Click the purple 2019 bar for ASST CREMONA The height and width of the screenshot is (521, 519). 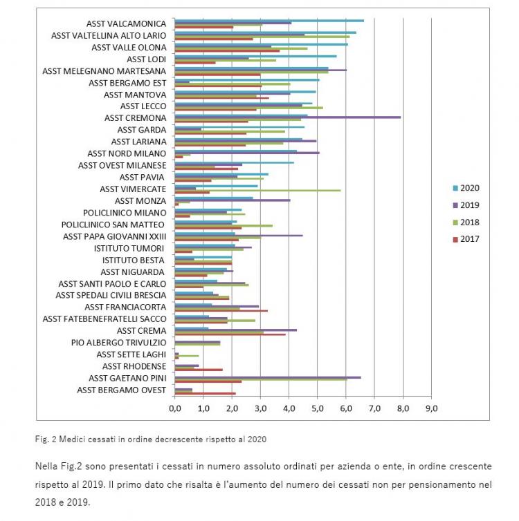(x=288, y=117)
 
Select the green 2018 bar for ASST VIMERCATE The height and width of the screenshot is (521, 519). (x=258, y=191)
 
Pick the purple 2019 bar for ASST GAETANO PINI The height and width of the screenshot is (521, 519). (x=268, y=377)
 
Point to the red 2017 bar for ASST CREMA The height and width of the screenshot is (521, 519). (x=230, y=334)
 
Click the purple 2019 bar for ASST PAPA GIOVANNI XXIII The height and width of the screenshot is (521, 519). (x=239, y=236)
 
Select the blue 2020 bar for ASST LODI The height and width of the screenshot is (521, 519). (x=256, y=56)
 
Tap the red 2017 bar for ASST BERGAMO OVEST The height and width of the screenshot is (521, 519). (x=206, y=393)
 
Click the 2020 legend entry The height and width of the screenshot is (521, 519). (x=466, y=188)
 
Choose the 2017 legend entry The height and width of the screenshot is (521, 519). (x=466, y=239)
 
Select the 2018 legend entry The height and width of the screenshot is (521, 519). (x=466, y=222)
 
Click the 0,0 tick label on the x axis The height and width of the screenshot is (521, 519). (x=175, y=408)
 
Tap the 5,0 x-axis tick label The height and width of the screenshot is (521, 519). (x=318, y=408)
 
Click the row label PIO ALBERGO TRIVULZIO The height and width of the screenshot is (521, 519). (x=119, y=343)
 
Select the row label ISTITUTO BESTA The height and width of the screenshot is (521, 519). (x=133, y=260)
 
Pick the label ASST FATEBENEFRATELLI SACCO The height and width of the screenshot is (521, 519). (x=104, y=319)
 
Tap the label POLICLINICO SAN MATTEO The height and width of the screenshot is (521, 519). (x=113, y=225)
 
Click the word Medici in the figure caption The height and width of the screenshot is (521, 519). (x=69, y=439)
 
